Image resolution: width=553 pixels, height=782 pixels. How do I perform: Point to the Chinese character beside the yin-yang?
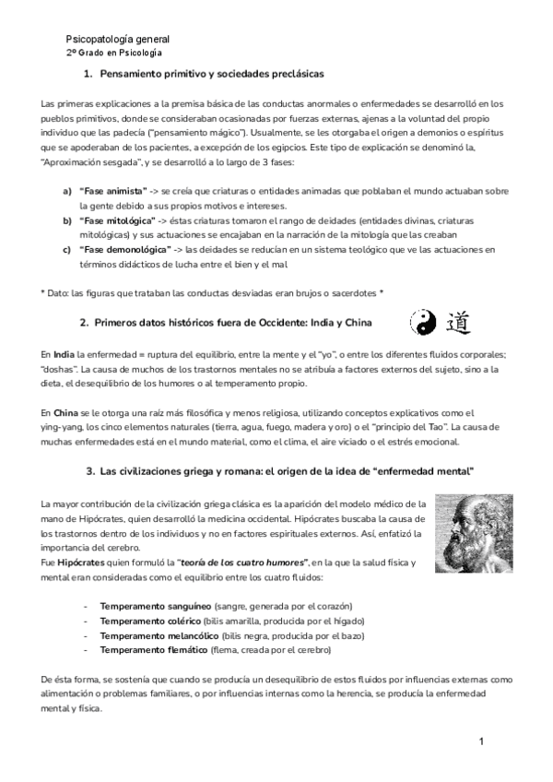456,322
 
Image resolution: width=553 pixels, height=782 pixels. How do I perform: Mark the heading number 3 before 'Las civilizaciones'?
89,471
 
